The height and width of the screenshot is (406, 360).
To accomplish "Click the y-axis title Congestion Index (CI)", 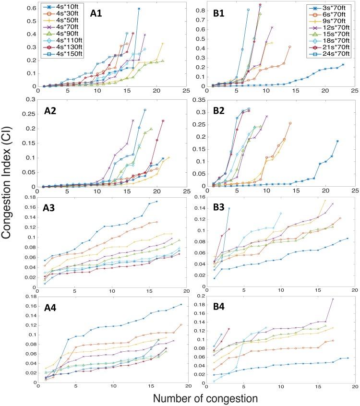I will click(x=11, y=202).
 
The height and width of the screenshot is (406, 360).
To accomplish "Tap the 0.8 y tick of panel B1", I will click(x=202, y=9).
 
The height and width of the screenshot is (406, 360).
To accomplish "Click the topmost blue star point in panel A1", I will click(x=138, y=9).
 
